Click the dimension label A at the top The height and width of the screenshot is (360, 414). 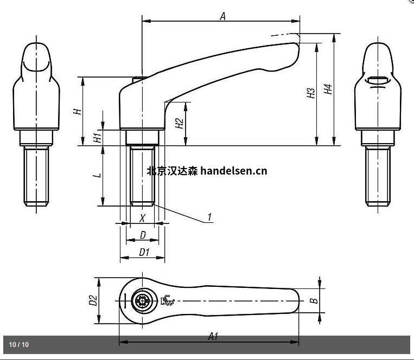[x=222, y=16]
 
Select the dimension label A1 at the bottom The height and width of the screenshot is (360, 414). [x=213, y=336]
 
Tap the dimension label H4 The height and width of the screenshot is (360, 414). [x=328, y=91]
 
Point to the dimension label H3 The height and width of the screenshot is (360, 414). [x=311, y=93]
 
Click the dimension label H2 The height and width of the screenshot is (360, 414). [x=180, y=124]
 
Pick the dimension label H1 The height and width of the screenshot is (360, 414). [x=97, y=138]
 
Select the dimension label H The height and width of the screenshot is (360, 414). [x=78, y=111]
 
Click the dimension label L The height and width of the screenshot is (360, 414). [x=97, y=176]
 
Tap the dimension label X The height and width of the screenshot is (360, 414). [x=142, y=218]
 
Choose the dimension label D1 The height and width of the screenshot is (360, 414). [x=144, y=252]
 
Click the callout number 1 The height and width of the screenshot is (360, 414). [x=209, y=218]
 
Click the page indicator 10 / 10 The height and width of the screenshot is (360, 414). [x=19, y=344]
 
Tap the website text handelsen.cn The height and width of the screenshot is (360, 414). [x=233, y=171]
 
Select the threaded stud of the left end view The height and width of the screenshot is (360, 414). [x=37, y=176]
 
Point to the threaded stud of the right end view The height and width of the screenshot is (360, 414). [x=378, y=176]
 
